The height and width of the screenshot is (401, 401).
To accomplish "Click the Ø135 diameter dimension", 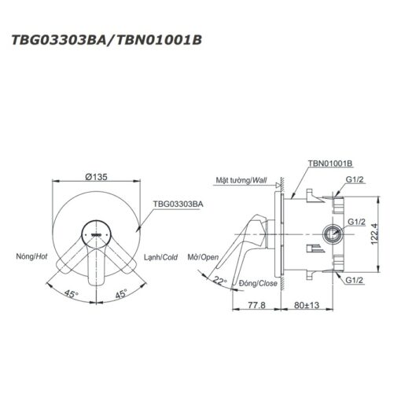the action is pyautogui.click(x=97, y=177).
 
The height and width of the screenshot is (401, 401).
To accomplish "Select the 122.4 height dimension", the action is pyautogui.click(x=374, y=234).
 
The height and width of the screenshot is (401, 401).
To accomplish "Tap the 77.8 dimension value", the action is pyautogui.click(x=256, y=305).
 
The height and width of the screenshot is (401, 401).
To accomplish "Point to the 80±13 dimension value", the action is pyautogui.click(x=307, y=305).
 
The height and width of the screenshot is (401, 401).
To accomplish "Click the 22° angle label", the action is pyautogui.click(x=219, y=281).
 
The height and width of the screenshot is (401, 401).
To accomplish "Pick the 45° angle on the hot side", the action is pyautogui.click(x=72, y=293).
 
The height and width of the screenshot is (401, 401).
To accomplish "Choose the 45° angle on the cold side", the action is pyautogui.click(x=121, y=293).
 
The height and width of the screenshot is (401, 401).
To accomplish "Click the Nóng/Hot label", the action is pyautogui.click(x=31, y=256).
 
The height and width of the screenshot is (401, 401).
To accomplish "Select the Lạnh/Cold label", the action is pyautogui.click(x=160, y=257).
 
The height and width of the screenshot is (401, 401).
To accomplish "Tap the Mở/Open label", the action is pyautogui.click(x=203, y=257).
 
